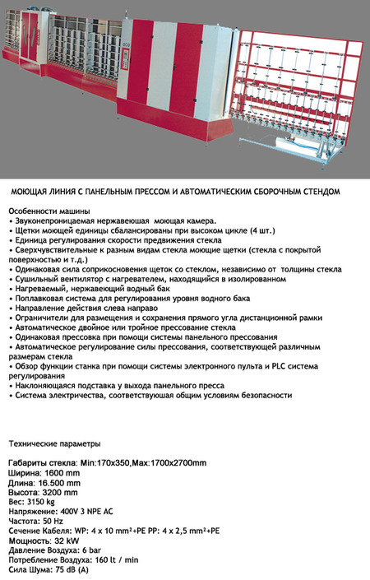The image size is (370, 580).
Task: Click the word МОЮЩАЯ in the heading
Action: [30, 191]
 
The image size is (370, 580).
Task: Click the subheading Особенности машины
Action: [49, 211]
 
